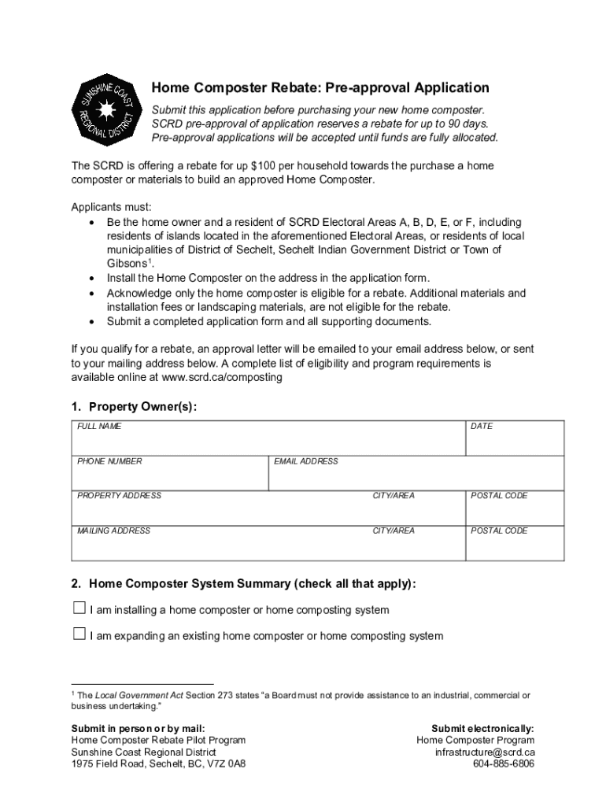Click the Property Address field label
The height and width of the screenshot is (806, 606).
[x=119, y=496]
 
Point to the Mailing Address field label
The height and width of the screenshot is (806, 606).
[x=113, y=531]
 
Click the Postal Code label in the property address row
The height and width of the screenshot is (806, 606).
[x=499, y=496]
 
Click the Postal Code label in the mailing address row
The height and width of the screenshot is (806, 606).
[x=499, y=531]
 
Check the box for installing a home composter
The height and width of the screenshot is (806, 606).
[x=79, y=608]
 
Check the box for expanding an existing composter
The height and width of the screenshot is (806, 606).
[x=79, y=634]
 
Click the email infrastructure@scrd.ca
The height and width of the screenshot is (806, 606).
[x=485, y=752]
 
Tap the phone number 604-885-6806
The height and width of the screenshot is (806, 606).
[x=504, y=763]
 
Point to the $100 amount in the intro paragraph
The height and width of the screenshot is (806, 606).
[x=264, y=166]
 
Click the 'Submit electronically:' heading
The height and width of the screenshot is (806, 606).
[x=482, y=728]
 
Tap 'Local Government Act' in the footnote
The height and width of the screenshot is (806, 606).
[x=133, y=696]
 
